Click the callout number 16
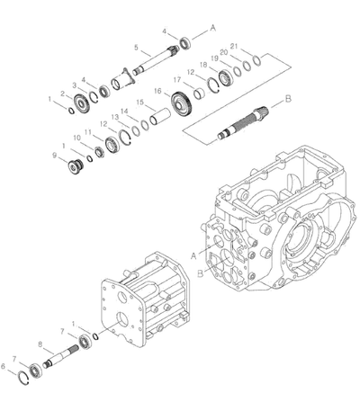[x=157, y=91]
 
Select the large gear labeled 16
[x=181, y=105]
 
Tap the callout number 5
[x=136, y=48]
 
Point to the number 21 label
[x=234, y=46]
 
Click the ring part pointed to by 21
[x=257, y=60]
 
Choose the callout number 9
[x=54, y=156]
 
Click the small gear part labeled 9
[x=75, y=167]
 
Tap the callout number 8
[x=40, y=344]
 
